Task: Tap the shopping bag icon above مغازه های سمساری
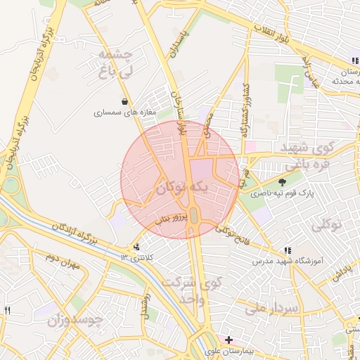point(125,101)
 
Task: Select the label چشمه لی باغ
point(113,63)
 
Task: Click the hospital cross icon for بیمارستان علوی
point(229,340)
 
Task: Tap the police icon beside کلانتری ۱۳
point(136,247)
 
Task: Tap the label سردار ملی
point(272,307)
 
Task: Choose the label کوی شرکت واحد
point(191,289)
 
